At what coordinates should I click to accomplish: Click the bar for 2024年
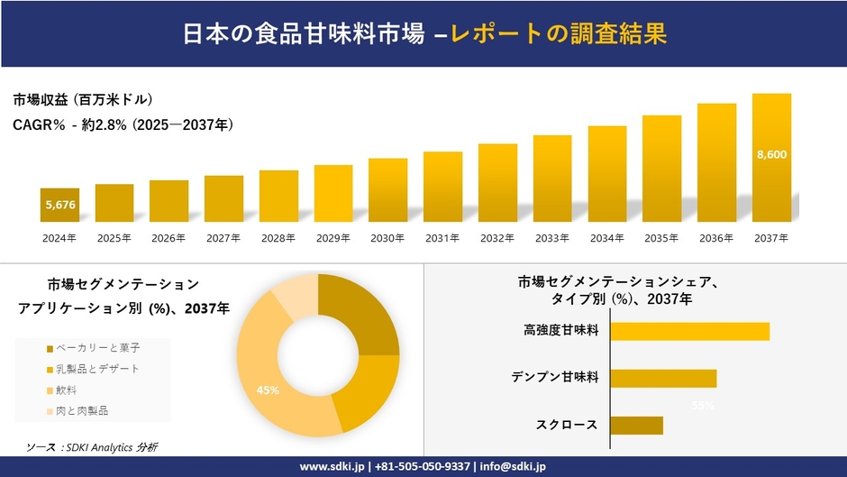[x=59, y=205]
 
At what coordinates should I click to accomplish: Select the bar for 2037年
[x=771, y=158]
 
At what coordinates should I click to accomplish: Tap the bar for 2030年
[x=387, y=190]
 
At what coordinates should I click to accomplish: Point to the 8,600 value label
[x=771, y=154]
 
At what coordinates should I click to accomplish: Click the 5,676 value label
[x=59, y=206]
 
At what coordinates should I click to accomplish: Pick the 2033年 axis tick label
[x=552, y=238]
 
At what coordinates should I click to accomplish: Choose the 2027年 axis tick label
[x=223, y=238]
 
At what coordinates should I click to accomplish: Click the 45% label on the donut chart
[x=268, y=390]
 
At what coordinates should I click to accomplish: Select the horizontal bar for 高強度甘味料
[x=689, y=331]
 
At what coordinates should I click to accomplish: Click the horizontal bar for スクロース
[x=636, y=425]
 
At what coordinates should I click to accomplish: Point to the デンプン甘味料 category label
[x=561, y=377]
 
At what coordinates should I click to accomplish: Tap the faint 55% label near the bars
[x=703, y=405]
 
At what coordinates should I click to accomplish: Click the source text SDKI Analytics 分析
[x=92, y=446]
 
